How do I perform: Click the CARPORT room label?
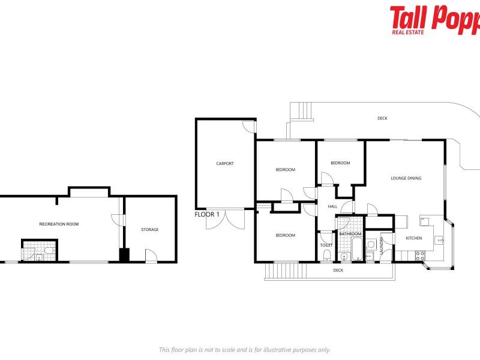pos(225,163)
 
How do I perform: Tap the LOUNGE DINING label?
pos(406,178)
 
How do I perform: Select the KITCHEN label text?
pos(414,238)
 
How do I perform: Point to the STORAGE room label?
pos(150,229)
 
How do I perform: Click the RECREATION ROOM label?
pos(59,224)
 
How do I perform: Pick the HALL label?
pos(332,206)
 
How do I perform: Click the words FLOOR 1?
pos(207,214)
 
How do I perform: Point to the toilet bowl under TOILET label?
pos(326,256)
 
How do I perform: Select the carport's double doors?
pos(225,220)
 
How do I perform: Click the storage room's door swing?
pos(151,256)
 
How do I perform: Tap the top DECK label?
pos(382,118)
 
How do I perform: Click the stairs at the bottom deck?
pos(278,271)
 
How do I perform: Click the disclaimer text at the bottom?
pos(244,350)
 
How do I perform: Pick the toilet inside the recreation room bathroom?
pos(38,257)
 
